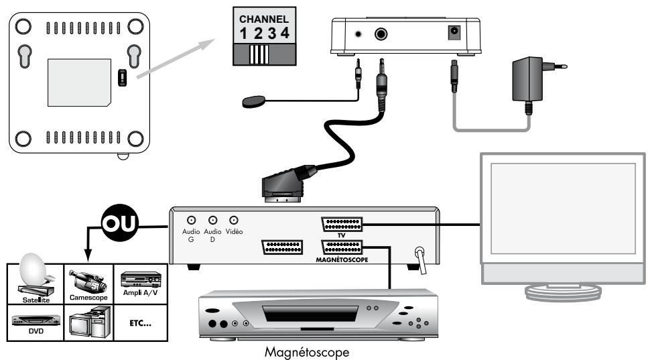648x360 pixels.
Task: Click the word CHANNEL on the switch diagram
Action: coord(264,19)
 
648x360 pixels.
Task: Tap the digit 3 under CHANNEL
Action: coord(272,33)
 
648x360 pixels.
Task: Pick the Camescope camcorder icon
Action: coord(88,281)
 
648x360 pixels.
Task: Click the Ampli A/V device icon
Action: coord(141,280)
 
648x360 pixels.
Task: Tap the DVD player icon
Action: coord(36,320)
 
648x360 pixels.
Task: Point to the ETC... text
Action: coord(141,323)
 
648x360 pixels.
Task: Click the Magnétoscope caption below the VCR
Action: coord(307,352)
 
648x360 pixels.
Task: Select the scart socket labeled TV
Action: coord(342,225)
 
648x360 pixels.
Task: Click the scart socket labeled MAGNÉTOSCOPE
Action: coord(342,247)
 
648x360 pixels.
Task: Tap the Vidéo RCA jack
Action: coord(234,221)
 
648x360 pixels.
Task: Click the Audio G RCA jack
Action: coord(191,221)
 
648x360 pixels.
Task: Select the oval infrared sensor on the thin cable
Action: coord(253,102)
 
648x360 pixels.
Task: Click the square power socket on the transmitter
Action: coord(454,33)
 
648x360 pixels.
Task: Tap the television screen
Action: coord(563,208)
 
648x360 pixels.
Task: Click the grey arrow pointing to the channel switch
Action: coord(176,58)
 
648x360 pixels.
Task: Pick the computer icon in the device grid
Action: coord(90,323)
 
